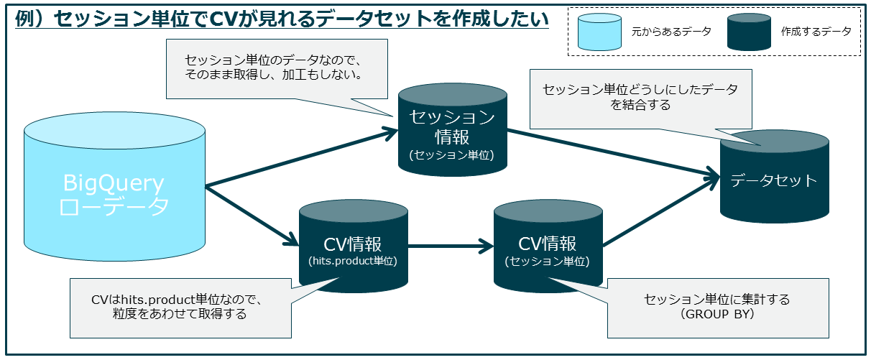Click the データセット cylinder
click(x=774, y=180)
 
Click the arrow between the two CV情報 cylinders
click(x=451, y=248)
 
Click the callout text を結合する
click(x=641, y=105)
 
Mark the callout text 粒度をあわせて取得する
click(x=179, y=314)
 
